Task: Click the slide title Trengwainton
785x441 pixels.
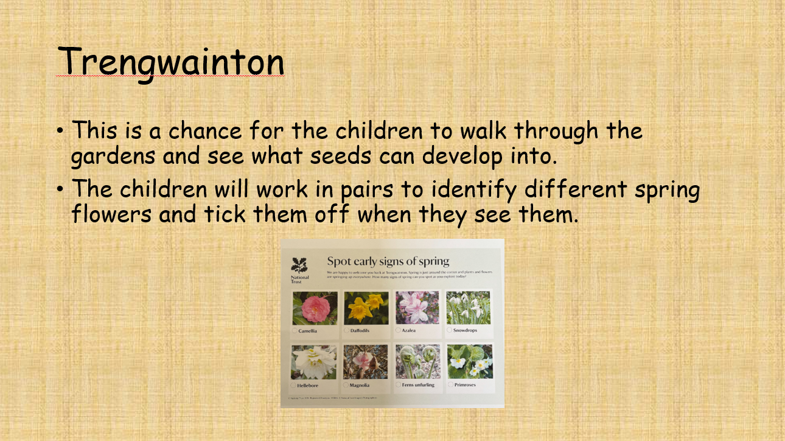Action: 171,61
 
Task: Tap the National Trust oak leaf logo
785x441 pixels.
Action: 299,266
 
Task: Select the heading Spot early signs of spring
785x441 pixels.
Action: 388,261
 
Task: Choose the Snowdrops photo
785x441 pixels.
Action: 469,308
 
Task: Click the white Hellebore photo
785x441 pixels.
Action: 314,362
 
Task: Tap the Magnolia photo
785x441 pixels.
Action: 366,362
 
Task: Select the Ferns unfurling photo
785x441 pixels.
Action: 417,362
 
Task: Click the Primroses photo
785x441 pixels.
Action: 469,362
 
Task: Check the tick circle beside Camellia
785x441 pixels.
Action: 295,331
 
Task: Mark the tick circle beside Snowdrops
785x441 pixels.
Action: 449,330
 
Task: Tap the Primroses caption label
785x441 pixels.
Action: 465,385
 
